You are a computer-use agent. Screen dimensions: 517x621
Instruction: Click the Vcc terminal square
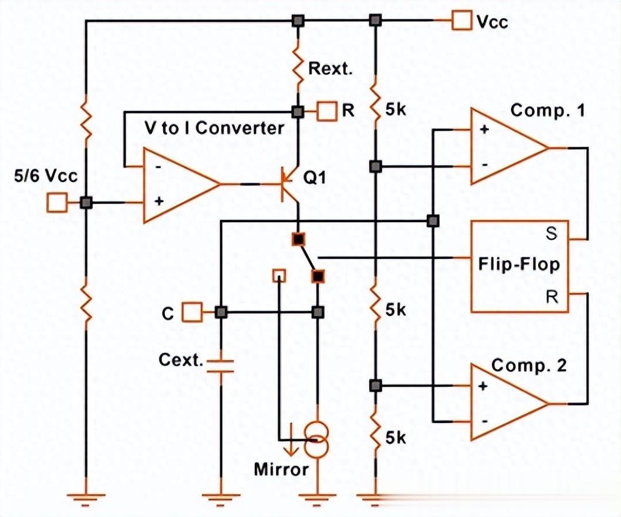pos(462,21)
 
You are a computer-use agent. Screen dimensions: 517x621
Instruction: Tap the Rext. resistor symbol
pos(298,68)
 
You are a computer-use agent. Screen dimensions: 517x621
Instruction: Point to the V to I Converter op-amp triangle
pos(176,184)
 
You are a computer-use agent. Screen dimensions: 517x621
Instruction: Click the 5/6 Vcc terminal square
pos(57,203)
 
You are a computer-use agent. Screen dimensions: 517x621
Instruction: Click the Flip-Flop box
pos(520,266)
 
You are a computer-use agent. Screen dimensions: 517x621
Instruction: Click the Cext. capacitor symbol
pos(221,365)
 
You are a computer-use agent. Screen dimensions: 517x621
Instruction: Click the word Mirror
pos(281,469)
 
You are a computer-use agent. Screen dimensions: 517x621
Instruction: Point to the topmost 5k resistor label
pos(396,110)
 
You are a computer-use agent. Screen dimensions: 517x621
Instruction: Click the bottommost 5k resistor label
pos(396,438)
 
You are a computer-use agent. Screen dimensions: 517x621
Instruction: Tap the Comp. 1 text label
pos(547,110)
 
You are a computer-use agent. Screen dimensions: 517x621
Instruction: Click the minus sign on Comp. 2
pos(484,421)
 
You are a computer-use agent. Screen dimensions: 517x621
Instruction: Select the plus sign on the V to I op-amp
pos(158,201)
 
